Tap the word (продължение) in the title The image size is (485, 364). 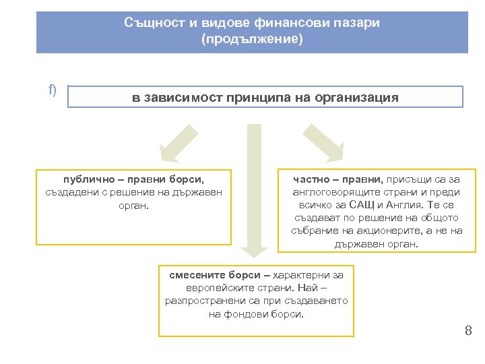[x=252, y=39]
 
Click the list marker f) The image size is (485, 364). [x=53, y=90]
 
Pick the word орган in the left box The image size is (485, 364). [x=132, y=204]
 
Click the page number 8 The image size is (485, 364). [x=467, y=330]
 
